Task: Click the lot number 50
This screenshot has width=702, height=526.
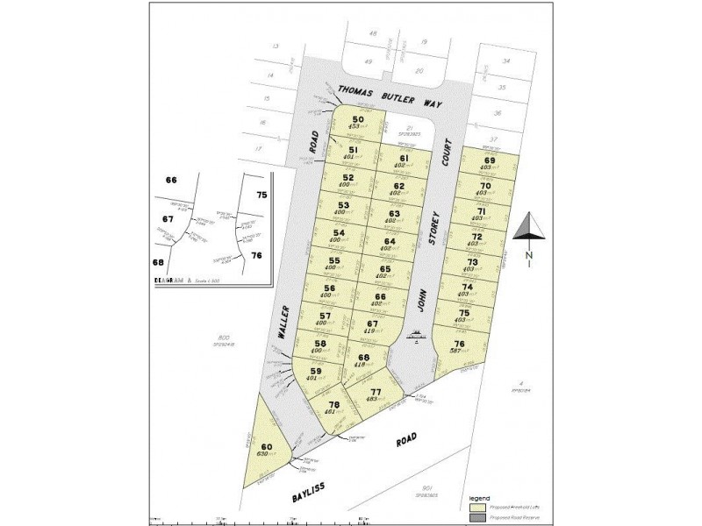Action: [358, 120]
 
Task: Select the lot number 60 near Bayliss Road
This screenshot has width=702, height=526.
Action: [266, 448]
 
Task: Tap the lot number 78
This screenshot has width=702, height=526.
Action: [333, 404]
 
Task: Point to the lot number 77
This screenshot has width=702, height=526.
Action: [376, 391]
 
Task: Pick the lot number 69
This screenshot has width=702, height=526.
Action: [489, 160]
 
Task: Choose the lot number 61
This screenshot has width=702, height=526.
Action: [404, 159]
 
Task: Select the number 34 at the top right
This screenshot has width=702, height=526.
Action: [505, 60]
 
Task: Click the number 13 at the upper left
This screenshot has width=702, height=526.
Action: [275, 45]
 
